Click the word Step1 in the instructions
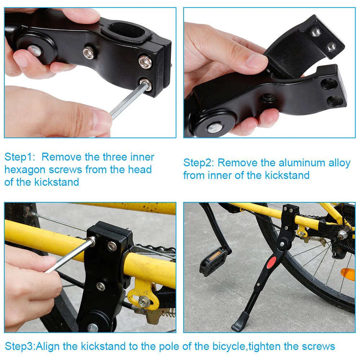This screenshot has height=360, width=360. pyautogui.click(x=20, y=157)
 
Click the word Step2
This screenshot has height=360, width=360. pyautogui.click(x=199, y=163)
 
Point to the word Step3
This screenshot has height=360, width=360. pyautogui.click(x=20, y=346)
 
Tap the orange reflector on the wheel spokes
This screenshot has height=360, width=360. pyautogui.click(x=348, y=274)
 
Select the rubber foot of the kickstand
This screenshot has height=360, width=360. pyautogui.click(x=240, y=321)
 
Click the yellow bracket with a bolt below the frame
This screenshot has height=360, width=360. pyautogui.click(x=142, y=293)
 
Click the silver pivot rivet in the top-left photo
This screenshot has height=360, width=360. pyautogui.click(x=35, y=50)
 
